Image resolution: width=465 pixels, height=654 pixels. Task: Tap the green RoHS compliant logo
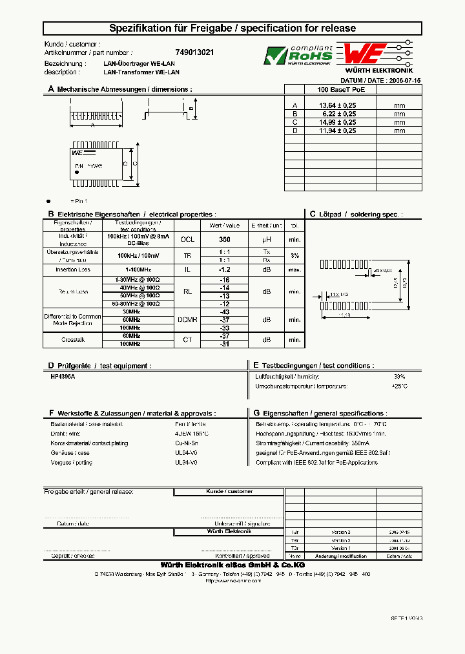click(x=298, y=56)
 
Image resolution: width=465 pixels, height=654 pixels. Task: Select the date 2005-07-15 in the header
click(x=405, y=80)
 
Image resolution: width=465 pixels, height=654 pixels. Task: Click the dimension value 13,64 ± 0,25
click(x=338, y=105)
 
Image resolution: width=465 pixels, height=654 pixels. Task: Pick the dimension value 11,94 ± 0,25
click(x=338, y=130)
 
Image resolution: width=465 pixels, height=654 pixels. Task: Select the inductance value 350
click(x=224, y=238)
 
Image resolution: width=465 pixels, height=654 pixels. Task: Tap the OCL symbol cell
click(x=187, y=238)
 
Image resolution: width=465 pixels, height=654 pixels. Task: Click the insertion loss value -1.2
click(x=224, y=269)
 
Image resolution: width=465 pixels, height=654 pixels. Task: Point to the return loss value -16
click(x=224, y=280)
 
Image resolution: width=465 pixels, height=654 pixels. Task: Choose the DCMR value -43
click(x=224, y=311)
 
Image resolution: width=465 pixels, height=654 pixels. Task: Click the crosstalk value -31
click(x=224, y=344)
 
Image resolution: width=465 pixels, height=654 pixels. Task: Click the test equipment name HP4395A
click(x=63, y=375)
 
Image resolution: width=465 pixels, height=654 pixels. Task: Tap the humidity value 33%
click(x=399, y=376)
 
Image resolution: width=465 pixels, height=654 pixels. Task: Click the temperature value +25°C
click(x=398, y=386)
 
